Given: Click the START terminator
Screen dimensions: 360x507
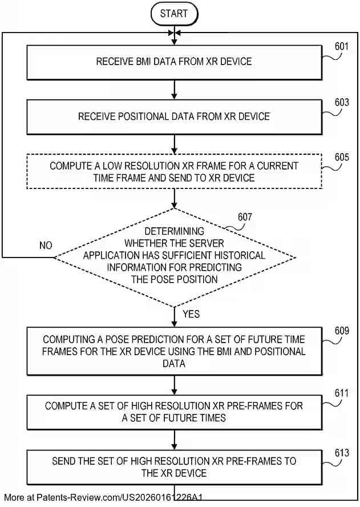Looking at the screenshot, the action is coord(174,14).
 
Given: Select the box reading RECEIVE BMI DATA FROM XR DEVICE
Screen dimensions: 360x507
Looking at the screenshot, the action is coord(174,62).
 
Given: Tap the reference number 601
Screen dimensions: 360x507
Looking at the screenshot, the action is coord(342,47).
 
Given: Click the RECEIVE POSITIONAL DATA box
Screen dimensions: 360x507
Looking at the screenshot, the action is coord(174,116).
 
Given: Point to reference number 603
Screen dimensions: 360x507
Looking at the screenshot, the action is coord(342,102).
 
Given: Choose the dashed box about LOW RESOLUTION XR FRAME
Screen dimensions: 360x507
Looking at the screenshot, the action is coord(174,171).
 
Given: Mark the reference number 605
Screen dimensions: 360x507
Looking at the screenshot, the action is coord(342,157).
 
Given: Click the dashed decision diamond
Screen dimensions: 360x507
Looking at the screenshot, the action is coord(174,257).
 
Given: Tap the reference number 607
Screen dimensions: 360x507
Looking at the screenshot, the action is coord(245,216).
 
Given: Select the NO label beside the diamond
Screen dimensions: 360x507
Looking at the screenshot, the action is coord(46,246).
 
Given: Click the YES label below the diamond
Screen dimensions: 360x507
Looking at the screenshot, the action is coord(191,314).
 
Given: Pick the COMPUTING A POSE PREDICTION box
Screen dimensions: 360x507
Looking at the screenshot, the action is coord(174,351).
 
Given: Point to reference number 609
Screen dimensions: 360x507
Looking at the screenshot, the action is coord(342,331).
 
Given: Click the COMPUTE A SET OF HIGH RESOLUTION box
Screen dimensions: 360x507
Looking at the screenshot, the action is coord(174,412).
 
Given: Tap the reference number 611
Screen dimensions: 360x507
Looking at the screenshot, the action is coord(342,393).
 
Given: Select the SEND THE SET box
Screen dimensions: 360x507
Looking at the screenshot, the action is coord(174,467).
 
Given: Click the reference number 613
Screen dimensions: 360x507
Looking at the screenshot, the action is coord(342,453).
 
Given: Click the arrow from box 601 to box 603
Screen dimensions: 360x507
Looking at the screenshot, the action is coord(174,90).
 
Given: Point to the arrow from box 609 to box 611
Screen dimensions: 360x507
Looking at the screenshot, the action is coord(174,385).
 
